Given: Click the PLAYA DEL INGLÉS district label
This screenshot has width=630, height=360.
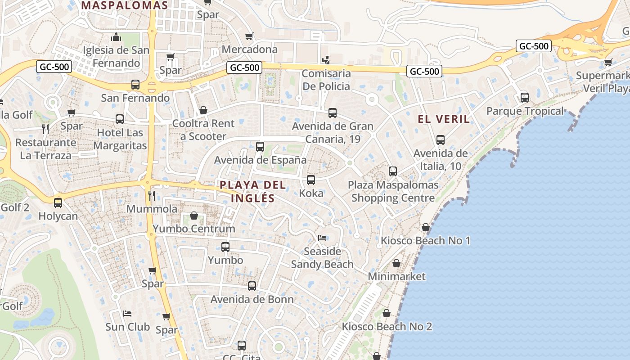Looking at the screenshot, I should coord(252,191).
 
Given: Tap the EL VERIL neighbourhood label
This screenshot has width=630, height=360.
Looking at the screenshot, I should coord(444,119).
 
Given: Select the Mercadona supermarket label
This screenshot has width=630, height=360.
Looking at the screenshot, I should coord(250,49).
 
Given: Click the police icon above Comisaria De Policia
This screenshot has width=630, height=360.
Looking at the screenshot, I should coord(326,60).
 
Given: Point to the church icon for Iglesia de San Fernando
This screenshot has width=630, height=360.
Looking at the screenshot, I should coord(117,37).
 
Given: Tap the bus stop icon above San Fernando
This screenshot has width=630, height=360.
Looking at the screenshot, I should coord(135,84).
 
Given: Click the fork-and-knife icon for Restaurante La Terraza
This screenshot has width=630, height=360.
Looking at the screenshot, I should coord(45,129).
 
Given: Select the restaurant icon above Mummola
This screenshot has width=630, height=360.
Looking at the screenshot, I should coord(152,195).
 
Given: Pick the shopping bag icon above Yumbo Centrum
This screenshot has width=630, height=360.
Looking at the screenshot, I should coord(194,216).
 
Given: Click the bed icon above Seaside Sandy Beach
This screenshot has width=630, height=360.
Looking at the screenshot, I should coord(322,238).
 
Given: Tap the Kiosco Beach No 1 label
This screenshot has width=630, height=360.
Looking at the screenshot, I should coord(425,241).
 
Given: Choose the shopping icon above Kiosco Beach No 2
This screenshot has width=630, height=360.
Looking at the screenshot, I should coord(387,313).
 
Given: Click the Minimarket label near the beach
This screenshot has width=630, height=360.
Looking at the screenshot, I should coord(396,276).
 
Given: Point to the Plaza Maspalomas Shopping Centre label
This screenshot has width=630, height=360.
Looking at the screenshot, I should coord(393,191).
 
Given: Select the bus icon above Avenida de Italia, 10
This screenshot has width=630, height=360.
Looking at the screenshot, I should coord(441,140).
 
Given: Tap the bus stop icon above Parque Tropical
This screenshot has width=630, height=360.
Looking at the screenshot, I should coord(524,97).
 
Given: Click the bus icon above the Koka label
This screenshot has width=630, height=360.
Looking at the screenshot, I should coord(310,180).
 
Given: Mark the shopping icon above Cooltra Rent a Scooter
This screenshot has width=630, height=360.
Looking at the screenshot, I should coord(203,110).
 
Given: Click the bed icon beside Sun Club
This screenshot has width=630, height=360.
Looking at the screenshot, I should coord(127,313).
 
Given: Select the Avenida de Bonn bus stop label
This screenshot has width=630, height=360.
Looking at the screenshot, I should coord(252,299).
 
